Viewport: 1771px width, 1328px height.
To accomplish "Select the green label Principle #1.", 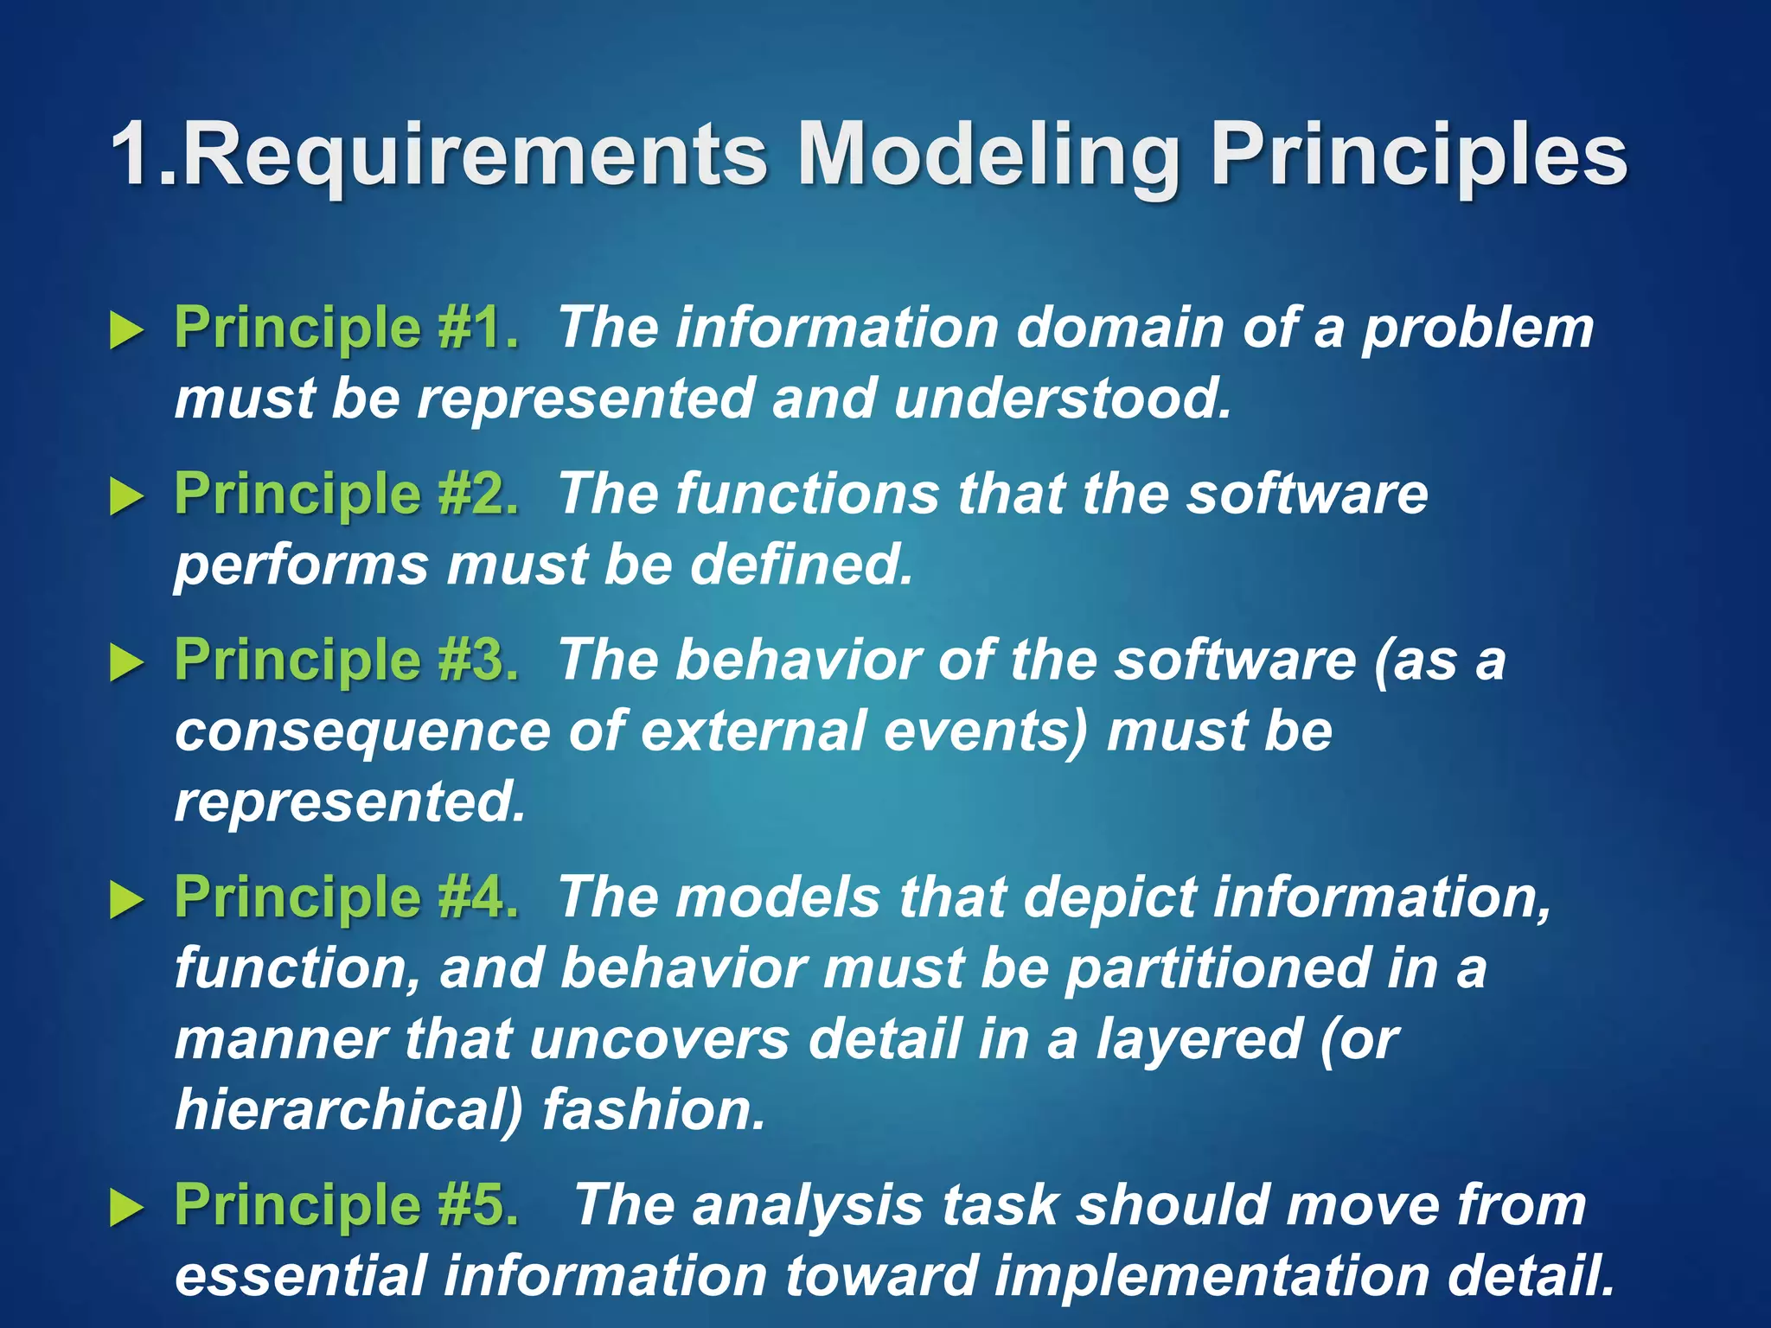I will [x=347, y=329].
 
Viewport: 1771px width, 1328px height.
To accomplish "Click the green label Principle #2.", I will [x=347, y=495].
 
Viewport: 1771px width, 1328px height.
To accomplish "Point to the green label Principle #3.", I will [x=347, y=661].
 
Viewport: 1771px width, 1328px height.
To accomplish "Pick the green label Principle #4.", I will [x=347, y=897].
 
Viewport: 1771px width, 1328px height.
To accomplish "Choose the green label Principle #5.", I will [x=347, y=1204].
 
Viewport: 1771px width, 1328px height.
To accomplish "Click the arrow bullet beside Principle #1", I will [x=126, y=331].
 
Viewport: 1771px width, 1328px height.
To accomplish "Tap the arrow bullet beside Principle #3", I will [x=126, y=663].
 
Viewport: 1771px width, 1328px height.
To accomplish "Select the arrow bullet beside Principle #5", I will [x=126, y=1207].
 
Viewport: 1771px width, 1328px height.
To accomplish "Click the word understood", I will [x=1063, y=399].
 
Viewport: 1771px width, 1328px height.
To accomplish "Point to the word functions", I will [x=807, y=495].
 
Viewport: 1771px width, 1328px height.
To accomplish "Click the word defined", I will [x=802, y=565].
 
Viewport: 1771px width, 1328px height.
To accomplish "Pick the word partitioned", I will [x=1218, y=968].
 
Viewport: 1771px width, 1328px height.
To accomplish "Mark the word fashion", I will [x=655, y=1110].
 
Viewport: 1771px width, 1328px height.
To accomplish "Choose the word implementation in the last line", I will [x=1212, y=1277].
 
